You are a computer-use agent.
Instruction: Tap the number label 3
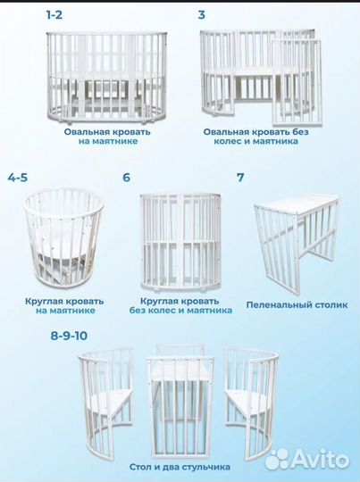[x=202, y=15]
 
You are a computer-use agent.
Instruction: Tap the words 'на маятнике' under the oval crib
[x=107, y=140]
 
